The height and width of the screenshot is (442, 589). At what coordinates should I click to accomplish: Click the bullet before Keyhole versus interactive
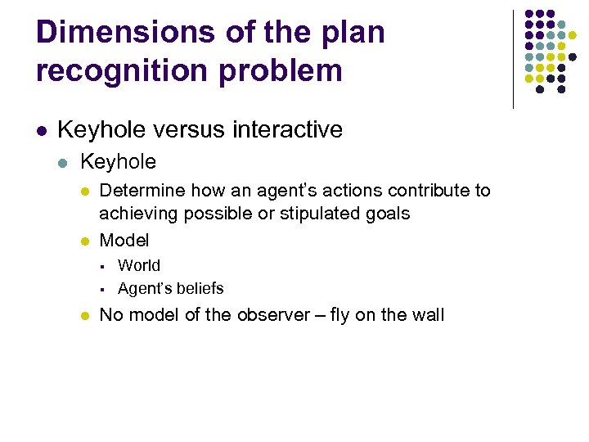41,130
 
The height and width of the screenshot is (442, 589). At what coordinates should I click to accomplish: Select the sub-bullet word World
139,265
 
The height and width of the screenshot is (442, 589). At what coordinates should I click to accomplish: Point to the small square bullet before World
105,265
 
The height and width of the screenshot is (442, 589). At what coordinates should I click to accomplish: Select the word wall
425,314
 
